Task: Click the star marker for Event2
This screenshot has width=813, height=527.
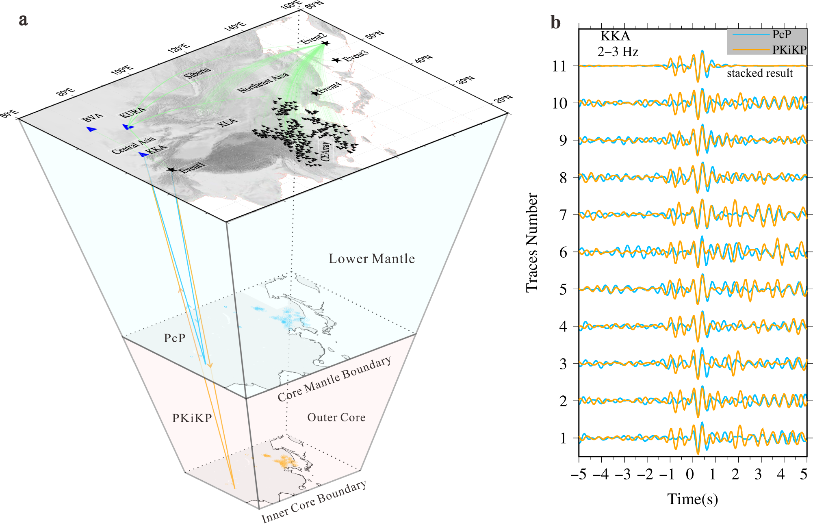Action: point(325,43)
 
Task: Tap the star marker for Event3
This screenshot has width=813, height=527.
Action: point(336,60)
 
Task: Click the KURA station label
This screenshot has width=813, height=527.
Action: point(132,112)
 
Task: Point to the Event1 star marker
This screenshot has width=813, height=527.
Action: point(171,169)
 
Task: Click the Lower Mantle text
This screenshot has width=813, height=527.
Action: point(371,259)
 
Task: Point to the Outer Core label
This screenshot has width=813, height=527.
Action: point(336,417)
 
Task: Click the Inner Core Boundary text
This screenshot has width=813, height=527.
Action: point(314,501)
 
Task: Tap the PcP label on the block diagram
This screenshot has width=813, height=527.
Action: point(175,338)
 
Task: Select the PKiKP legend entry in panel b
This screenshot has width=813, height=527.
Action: point(789,50)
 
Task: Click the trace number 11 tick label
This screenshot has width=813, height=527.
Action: point(559,66)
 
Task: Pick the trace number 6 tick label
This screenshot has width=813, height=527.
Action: point(563,252)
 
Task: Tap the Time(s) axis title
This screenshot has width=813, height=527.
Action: point(692,499)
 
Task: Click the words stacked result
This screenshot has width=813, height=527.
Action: point(759,73)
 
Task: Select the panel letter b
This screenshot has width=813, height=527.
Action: point(555,22)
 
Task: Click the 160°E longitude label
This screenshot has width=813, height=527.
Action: point(291,6)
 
